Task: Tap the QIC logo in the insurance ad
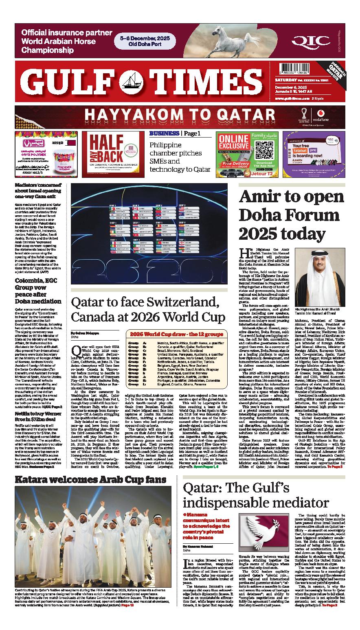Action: pos(316,40)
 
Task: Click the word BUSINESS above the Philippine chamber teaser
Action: pos(164,133)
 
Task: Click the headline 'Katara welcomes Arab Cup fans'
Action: pos(90,479)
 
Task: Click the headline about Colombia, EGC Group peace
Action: pos(38,291)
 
